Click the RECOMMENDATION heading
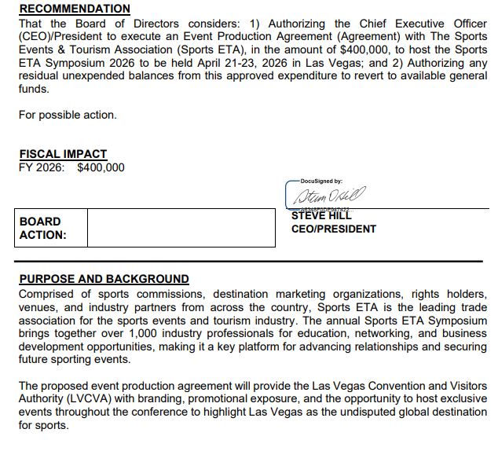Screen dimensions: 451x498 [75, 9]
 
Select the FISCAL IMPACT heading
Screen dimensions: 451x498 [63, 154]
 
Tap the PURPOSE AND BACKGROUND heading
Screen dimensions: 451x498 [104, 279]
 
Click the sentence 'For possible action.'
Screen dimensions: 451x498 [68, 115]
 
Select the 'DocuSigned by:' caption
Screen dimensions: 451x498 [321, 181]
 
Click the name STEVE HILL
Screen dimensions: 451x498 [321, 216]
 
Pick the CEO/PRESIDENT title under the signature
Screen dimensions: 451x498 [333, 229]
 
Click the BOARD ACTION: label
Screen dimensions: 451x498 [42, 228]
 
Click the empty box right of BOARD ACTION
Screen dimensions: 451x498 [181, 228]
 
